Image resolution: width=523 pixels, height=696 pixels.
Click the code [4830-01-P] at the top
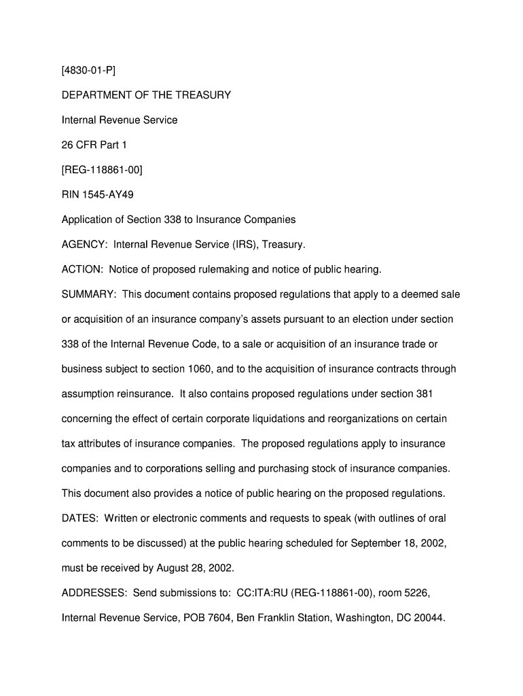tap(86, 71)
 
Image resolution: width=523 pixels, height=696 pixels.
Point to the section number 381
tap(424, 394)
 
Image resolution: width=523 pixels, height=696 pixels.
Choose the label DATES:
tap(79, 519)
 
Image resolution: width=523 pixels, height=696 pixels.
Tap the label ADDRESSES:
tap(94, 593)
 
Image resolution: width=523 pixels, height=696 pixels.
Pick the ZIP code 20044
tap(428, 619)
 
